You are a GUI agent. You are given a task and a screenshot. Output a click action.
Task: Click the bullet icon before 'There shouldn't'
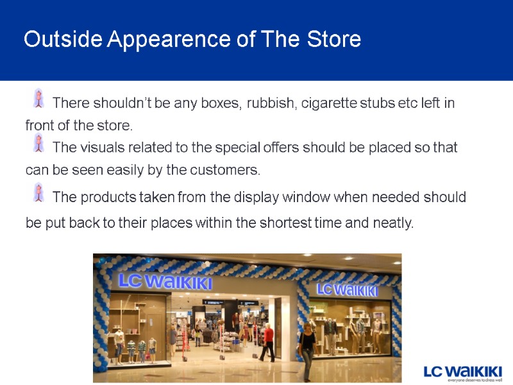tap(38, 98)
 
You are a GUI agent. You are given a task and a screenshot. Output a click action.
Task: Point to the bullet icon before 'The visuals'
tap(38, 142)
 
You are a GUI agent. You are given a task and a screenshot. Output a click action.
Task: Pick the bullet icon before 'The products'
tap(38, 192)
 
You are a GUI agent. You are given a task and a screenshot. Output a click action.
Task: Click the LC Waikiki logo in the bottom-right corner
tap(462, 372)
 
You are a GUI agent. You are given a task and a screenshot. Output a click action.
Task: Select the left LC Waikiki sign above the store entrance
tap(165, 281)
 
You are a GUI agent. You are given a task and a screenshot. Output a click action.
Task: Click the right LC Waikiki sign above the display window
tap(347, 290)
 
